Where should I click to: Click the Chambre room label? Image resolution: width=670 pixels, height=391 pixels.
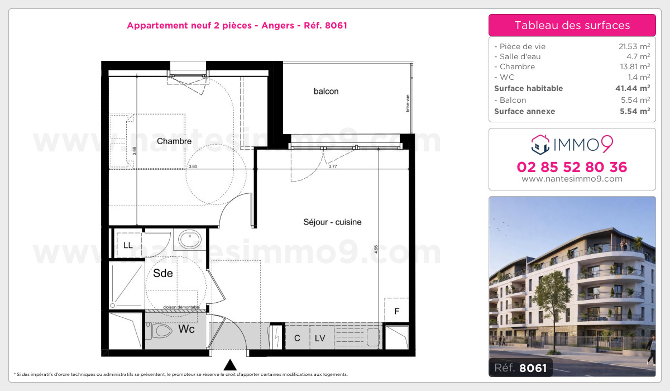(174, 141)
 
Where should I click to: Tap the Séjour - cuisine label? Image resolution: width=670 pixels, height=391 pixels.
(332, 222)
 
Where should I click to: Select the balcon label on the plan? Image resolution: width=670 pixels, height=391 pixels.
(326, 91)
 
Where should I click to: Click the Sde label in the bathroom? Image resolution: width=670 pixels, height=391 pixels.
(163, 274)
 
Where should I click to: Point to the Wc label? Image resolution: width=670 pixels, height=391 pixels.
(186, 330)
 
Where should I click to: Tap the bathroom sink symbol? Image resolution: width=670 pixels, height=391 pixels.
(190, 240)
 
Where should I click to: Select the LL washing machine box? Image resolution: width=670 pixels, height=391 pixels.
(128, 245)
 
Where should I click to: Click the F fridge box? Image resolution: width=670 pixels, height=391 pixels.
(397, 311)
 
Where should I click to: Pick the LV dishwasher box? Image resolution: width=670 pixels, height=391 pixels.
(320, 338)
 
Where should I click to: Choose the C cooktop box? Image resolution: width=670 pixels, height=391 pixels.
(297, 338)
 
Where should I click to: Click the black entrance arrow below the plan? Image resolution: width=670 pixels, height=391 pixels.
(229, 365)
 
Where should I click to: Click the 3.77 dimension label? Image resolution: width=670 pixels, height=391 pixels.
(333, 166)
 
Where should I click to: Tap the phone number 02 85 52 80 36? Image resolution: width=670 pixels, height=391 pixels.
(572, 167)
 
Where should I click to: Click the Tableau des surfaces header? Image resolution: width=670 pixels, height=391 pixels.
(572, 25)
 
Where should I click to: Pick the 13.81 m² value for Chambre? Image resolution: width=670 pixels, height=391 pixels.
(636, 66)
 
